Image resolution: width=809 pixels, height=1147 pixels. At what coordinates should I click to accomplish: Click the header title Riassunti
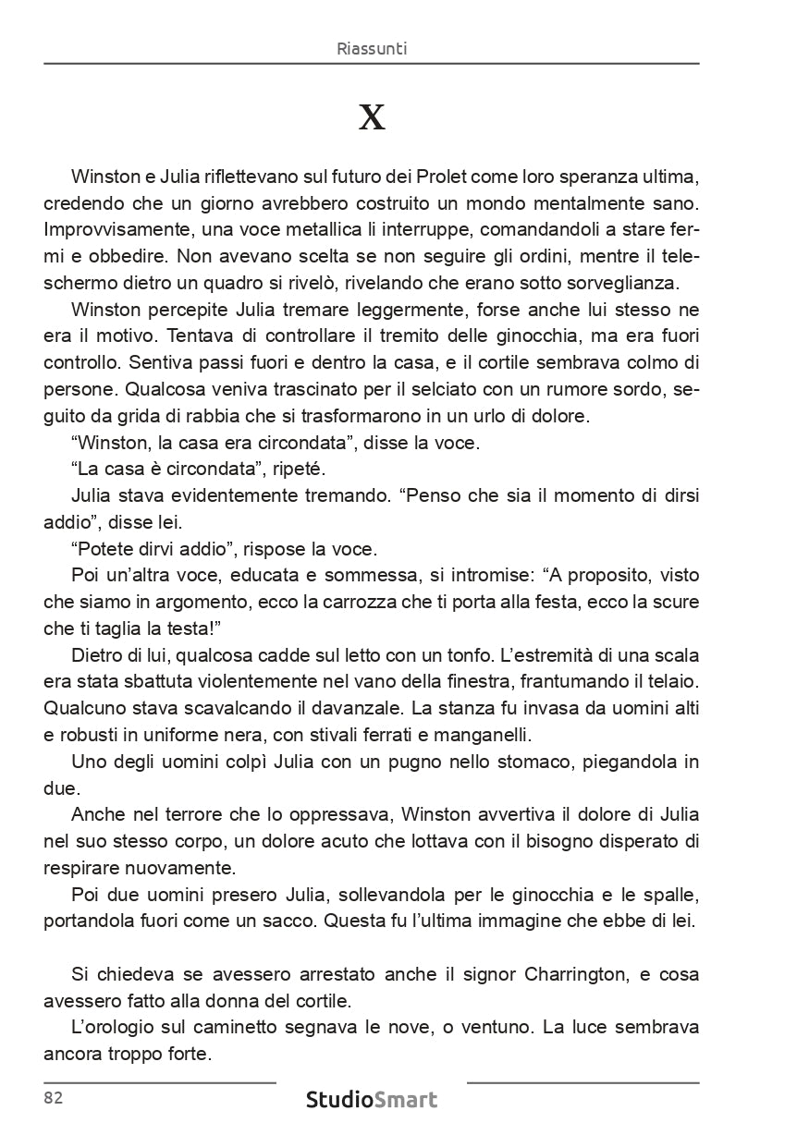point(372,49)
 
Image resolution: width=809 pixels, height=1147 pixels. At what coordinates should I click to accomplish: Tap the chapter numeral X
point(372,118)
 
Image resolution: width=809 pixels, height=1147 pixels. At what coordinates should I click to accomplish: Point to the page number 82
point(53,1098)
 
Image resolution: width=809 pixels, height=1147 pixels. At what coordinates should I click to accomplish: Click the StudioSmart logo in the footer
point(372,1100)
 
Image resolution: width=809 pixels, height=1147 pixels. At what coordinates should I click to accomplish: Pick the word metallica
point(285,227)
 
